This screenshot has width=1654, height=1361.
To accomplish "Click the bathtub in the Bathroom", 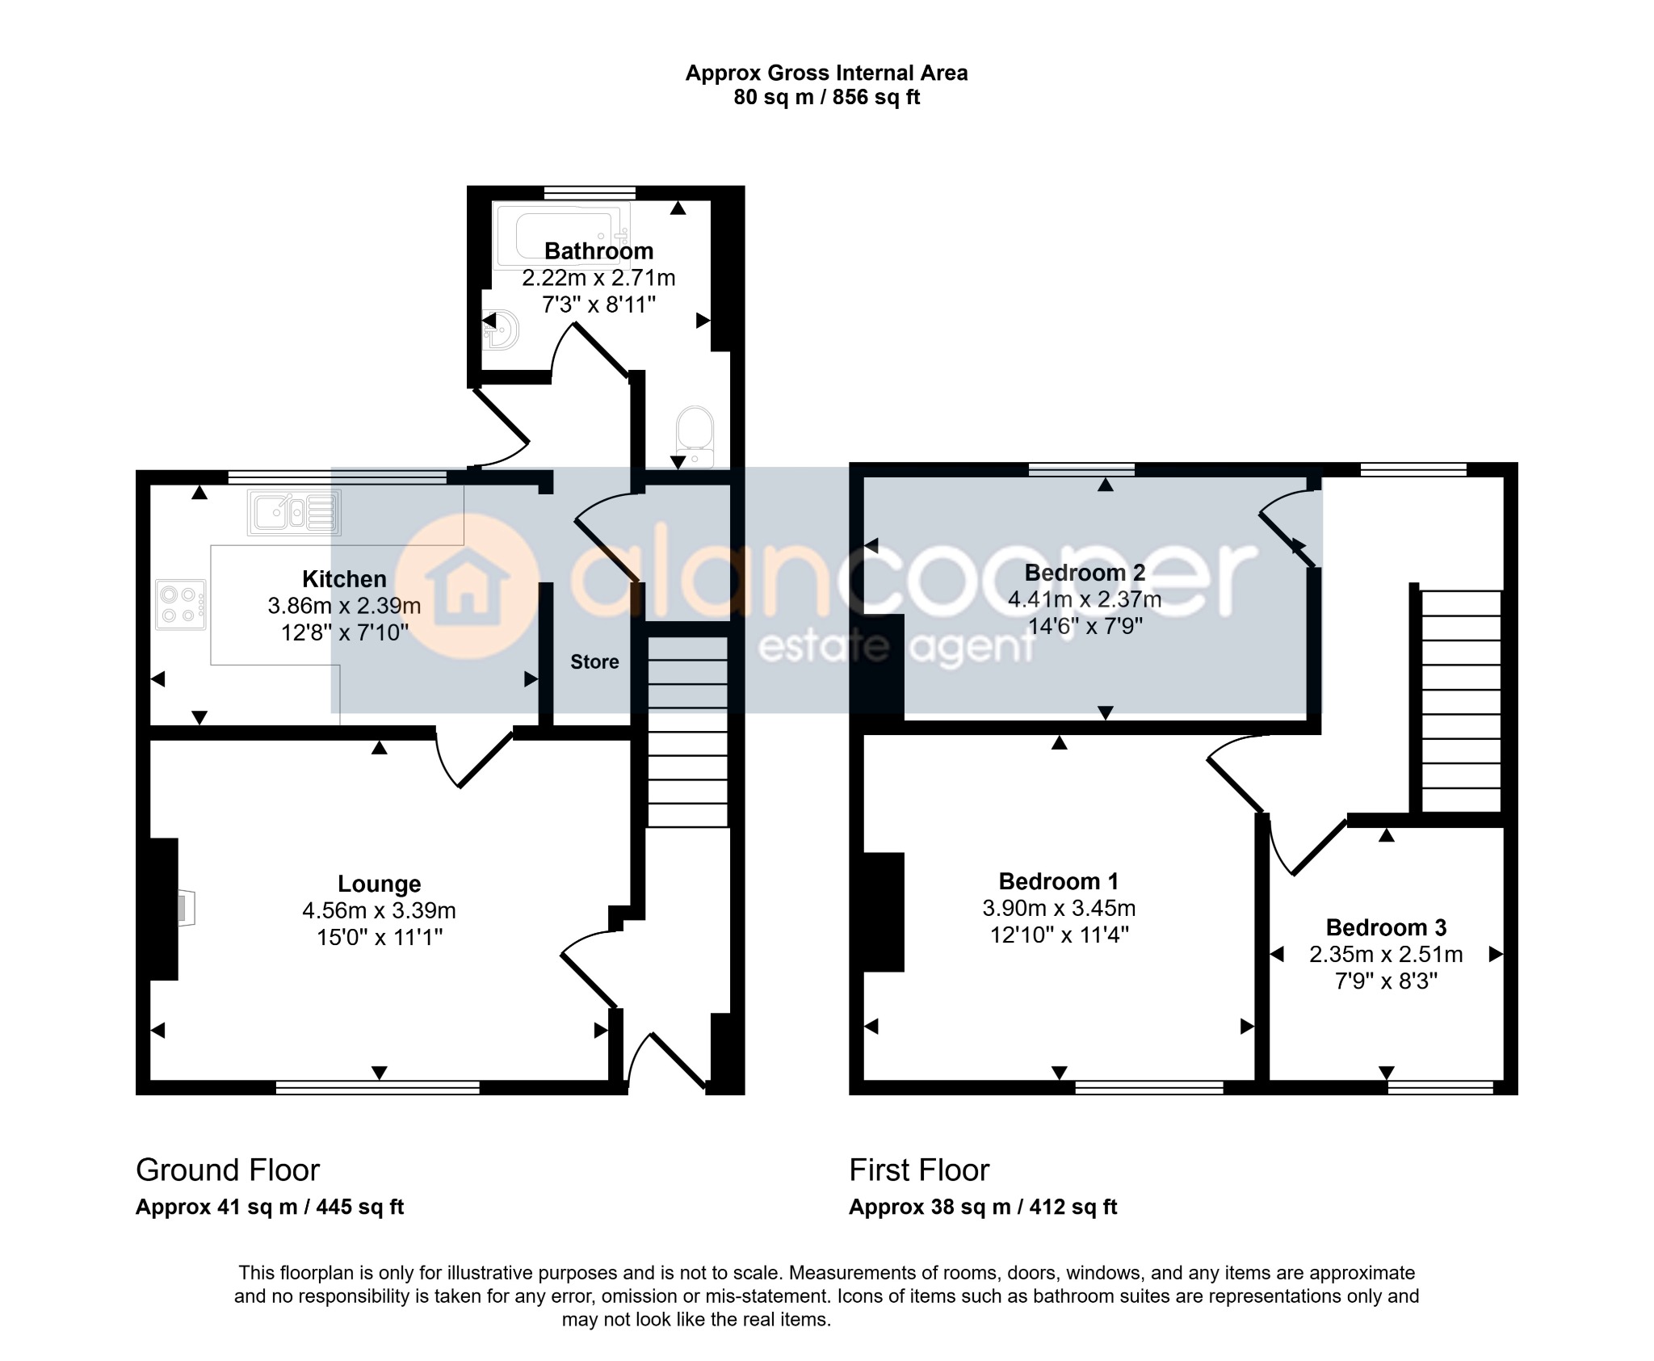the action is (x=561, y=237).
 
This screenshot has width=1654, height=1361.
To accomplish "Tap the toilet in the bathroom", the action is (x=695, y=437).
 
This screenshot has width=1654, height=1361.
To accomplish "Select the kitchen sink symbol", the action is (x=295, y=512).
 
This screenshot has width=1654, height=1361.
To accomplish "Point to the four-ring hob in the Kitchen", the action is (x=181, y=605).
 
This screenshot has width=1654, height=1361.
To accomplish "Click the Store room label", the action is (x=594, y=662).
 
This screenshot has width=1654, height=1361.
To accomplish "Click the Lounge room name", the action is (x=379, y=884).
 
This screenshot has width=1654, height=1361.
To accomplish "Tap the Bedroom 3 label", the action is (x=1386, y=927).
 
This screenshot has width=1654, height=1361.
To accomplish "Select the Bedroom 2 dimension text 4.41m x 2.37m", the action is (x=1085, y=599).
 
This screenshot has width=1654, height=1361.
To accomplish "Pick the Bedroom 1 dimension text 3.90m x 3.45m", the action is (x=1059, y=908).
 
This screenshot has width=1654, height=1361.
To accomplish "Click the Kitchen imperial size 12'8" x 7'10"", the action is (x=345, y=632).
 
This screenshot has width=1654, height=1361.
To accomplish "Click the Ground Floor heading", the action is (x=228, y=1170).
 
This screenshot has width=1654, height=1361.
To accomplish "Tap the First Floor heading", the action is (x=919, y=1170).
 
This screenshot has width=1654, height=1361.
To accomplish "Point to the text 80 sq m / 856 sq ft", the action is (x=826, y=98).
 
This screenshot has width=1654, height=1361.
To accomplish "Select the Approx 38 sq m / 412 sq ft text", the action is (x=983, y=1208).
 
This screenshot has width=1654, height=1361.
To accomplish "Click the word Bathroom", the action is (x=598, y=251).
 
